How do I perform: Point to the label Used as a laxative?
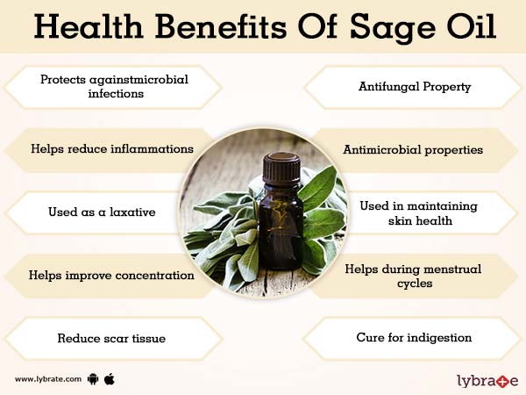pos(103,212)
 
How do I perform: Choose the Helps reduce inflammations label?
pos(110,149)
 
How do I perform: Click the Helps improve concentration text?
pos(110,275)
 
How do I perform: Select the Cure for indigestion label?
pos(414,337)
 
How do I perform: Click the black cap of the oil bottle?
pos(281,166)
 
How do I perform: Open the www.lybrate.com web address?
pos(48,379)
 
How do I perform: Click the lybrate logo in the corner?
pos(487,380)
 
